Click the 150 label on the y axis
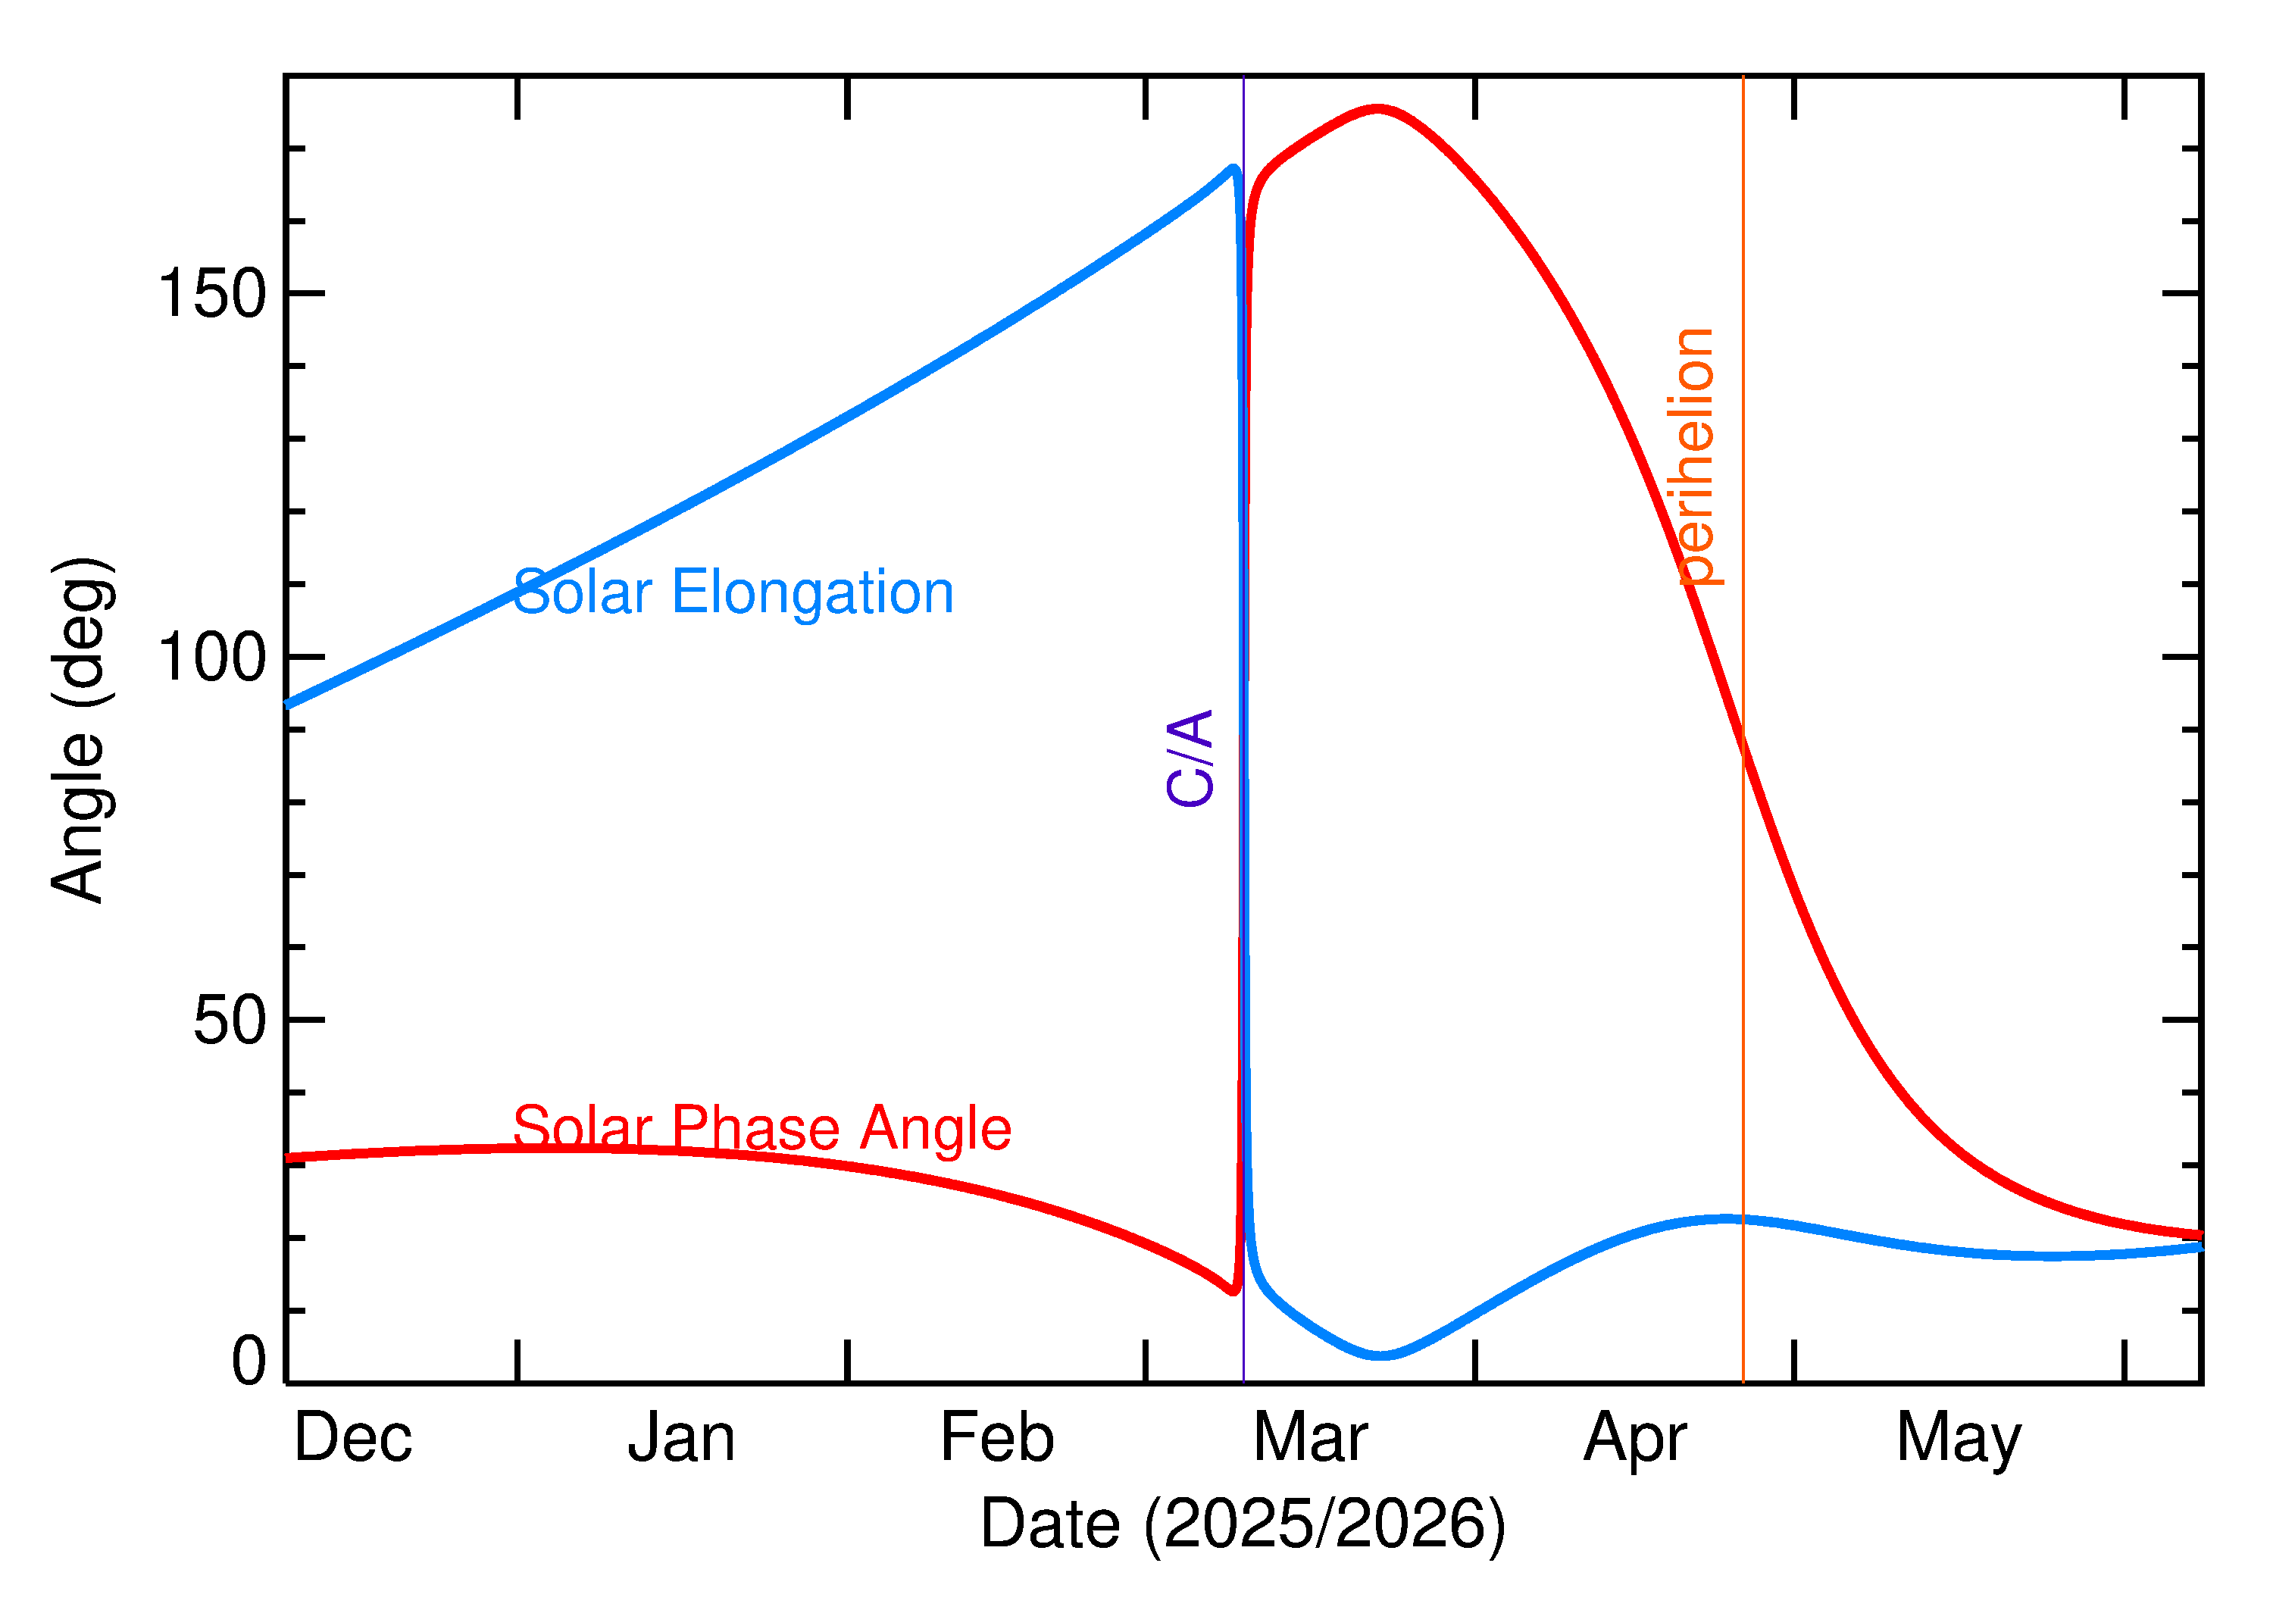click(x=212, y=295)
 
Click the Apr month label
click(x=1636, y=1440)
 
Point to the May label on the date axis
click(x=1959, y=1440)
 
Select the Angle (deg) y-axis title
click(x=83, y=730)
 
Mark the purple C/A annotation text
click(x=1190, y=758)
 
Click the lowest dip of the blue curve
click(x=1381, y=1355)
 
